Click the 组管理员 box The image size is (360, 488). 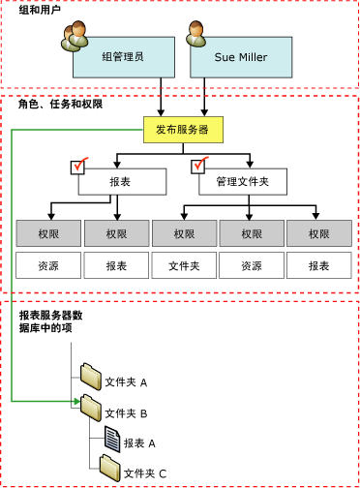(x=123, y=58)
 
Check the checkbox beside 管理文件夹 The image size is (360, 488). (x=202, y=168)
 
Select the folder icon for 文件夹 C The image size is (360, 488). (x=110, y=469)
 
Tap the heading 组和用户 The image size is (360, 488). (x=40, y=10)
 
